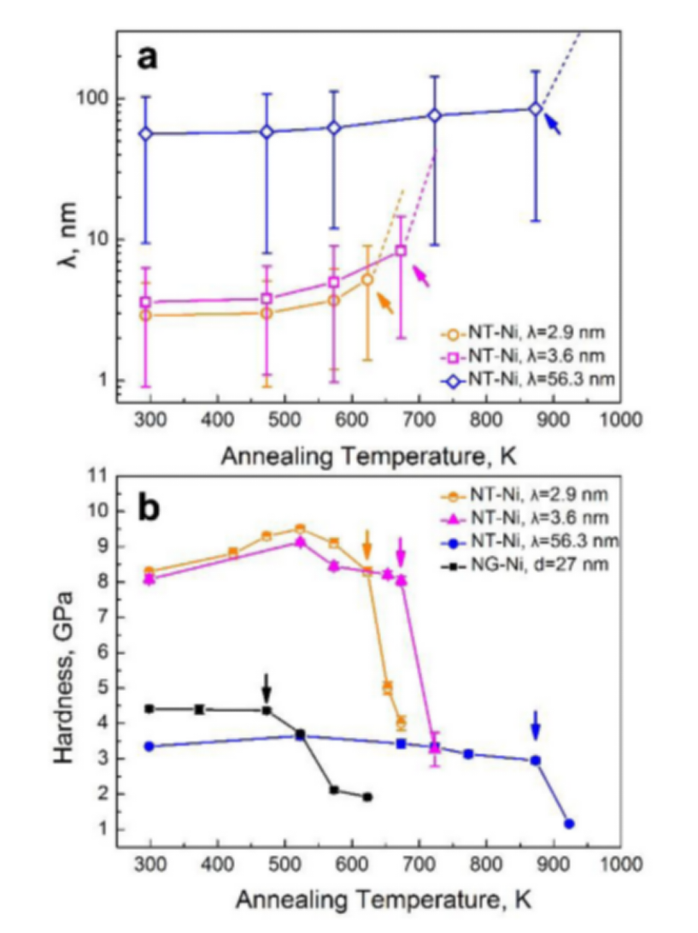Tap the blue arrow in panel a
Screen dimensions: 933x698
coord(553,125)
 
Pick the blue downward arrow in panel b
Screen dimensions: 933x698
coord(536,724)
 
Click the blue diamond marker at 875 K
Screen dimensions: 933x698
coord(536,109)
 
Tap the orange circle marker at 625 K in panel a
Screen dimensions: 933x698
coord(367,280)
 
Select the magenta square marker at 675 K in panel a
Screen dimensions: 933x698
coord(401,251)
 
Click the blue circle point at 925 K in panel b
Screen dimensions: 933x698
coord(569,824)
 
